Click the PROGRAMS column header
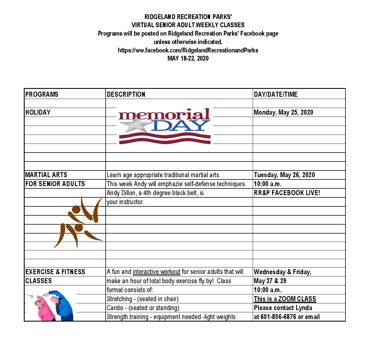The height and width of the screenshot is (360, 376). click(x=42, y=94)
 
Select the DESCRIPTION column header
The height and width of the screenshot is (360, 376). click(x=126, y=94)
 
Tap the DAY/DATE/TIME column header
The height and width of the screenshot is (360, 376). click(x=275, y=94)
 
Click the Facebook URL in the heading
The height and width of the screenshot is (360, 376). click(x=188, y=50)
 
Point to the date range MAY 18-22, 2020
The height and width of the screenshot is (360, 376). click(x=188, y=58)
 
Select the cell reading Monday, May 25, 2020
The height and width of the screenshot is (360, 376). click(x=283, y=112)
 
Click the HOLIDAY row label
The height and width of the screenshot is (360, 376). click(x=38, y=112)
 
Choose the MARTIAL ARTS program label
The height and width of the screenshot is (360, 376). click(x=46, y=175)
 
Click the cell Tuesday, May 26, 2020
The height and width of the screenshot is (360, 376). click(x=284, y=175)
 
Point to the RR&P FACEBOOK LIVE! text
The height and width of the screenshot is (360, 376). click(x=287, y=193)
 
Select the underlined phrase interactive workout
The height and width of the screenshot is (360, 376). click(x=156, y=272)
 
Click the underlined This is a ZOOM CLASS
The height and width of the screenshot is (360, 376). click(x=285, y=299)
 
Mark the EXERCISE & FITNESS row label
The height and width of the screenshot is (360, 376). click(x=55, y=272)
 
